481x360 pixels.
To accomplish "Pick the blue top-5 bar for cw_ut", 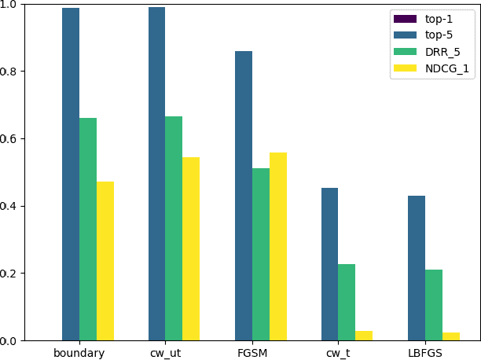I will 156,174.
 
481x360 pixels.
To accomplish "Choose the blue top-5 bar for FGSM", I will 243,196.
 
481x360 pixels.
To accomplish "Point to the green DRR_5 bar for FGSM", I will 260,255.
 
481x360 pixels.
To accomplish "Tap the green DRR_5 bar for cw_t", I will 347,303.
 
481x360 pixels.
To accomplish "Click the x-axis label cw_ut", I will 165,353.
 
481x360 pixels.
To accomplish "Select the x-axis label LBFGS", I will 424,353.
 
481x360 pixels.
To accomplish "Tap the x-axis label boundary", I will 79,353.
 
